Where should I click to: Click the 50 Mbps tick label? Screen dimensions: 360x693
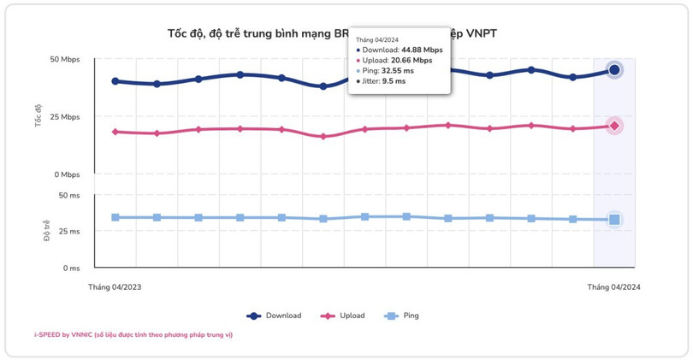point(65,60)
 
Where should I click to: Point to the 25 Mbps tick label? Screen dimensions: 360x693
point(65,116)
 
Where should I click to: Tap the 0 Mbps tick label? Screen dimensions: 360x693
point(68,174)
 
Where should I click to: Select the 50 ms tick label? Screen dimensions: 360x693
point(69,195)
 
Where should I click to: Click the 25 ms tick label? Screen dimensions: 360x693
point(69,232)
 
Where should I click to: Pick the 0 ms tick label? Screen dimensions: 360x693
point(72,268)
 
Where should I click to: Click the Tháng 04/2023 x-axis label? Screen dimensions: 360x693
point(115,287)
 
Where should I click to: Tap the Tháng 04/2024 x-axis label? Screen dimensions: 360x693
point(613,287)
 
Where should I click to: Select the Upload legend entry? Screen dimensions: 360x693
point(342,316)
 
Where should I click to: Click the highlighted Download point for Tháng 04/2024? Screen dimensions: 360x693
point(614,70)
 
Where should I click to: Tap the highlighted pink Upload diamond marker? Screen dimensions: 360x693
point(614,126)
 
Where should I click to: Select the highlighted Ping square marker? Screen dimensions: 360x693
point(614,220)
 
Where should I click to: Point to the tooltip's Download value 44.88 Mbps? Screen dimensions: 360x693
point(421,50)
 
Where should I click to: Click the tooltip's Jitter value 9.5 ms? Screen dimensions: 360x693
point(394,81)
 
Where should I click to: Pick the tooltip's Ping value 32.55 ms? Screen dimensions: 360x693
point(398,71)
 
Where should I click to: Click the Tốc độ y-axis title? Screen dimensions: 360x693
point(38,115)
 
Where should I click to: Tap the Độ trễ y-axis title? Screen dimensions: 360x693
point(47,231)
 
